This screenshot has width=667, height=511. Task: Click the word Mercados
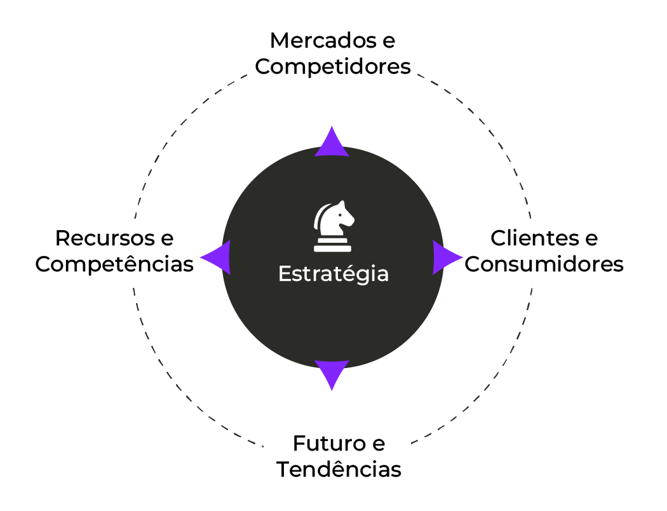(x=323, y=41)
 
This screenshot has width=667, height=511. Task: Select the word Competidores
(x=333, y=67)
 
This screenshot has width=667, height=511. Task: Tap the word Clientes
(x=535, y=238)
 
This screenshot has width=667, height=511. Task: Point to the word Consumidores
(x=544, y=264)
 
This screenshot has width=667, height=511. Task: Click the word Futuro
(x=329, y=444)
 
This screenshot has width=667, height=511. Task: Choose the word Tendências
(x=339, y=469)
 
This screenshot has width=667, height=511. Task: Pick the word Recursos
(x=105, y=238)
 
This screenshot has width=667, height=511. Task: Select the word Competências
(x=114, y=264)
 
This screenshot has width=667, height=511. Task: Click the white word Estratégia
(x=333, y=273)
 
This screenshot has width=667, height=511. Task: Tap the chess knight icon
(x=333, y=226)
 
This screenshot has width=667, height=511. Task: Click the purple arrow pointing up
(x=332, y=142)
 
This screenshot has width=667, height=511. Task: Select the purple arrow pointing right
(x=447, y=257)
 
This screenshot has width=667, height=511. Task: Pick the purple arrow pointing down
(x=332, y=374)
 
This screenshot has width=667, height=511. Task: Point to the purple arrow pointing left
(x=216, y=257)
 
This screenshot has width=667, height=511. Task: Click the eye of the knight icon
(x=340, y=214)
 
